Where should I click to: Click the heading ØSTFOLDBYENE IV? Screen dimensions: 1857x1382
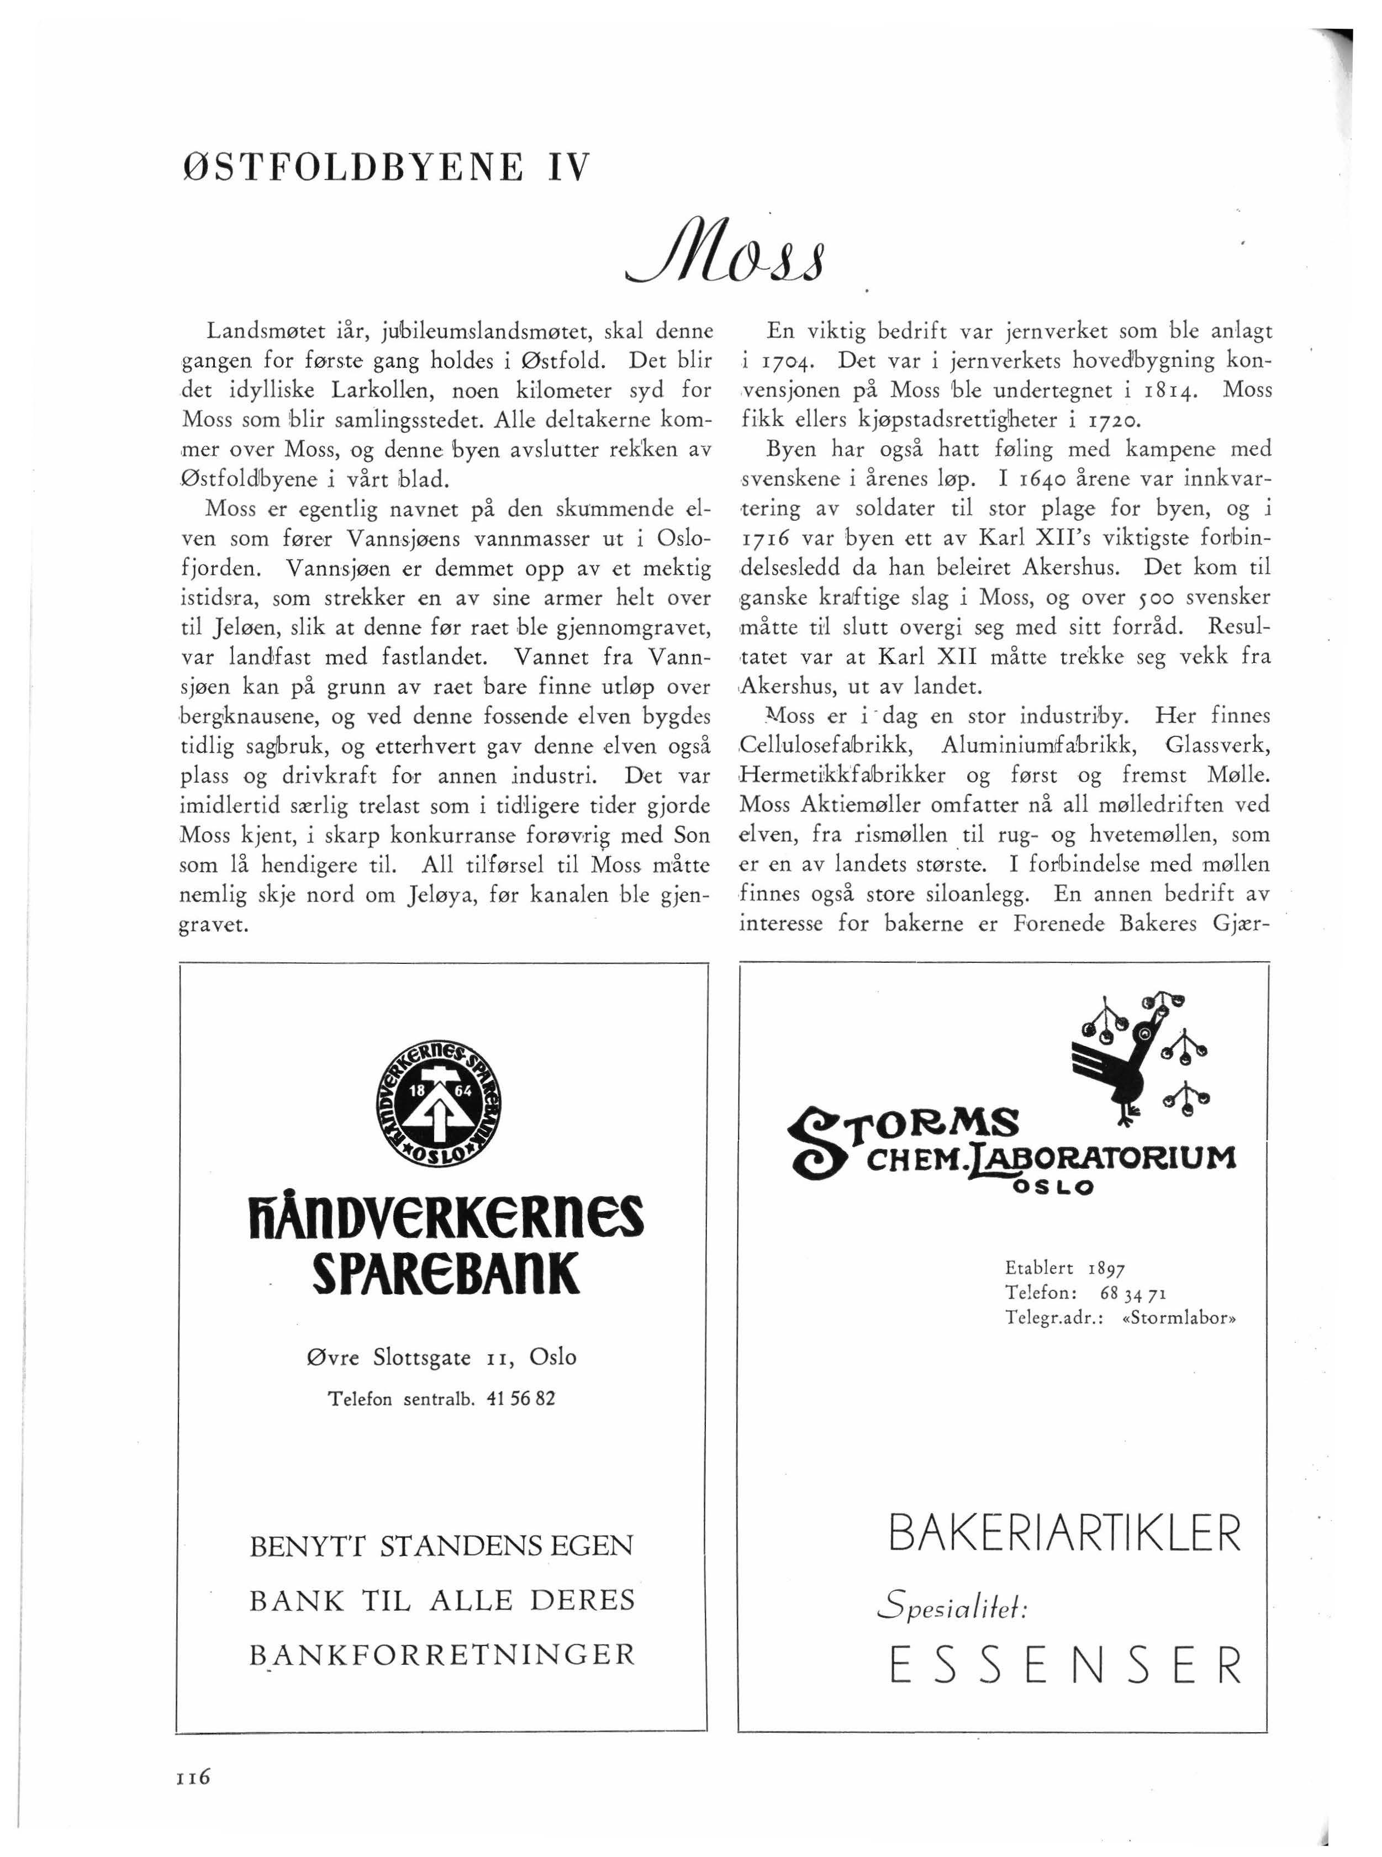[386, 166]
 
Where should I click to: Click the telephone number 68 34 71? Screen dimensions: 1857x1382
[1133, 1293]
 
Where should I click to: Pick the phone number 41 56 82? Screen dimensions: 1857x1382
[520, 1398]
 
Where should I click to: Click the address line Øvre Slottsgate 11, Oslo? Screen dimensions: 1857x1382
[442, 1357]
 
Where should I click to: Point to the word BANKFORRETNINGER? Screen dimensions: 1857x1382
[442, 1655]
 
